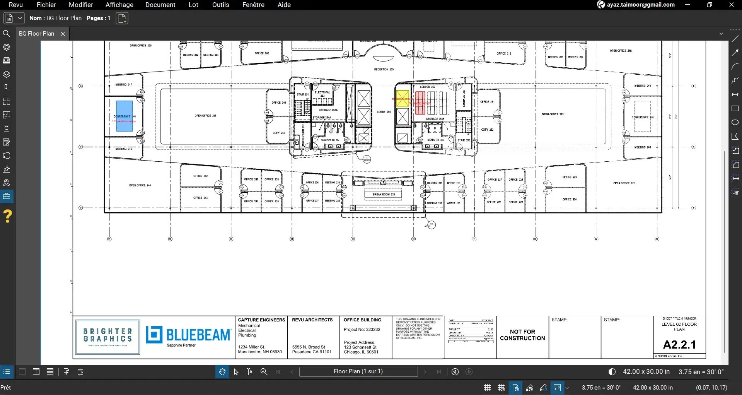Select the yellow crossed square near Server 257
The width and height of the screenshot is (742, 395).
point(403,98)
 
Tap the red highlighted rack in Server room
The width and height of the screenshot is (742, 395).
point(420,103)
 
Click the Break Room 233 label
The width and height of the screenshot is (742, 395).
point(384,194)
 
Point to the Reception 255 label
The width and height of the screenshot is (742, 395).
point(384,70)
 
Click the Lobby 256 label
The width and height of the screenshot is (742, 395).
point(384,112)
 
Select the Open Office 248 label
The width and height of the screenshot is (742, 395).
point(205,116)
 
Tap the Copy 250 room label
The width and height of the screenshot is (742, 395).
point(278,133)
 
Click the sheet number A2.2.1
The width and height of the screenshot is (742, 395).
point(679,344)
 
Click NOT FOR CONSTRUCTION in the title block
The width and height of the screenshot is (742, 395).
point(522,335)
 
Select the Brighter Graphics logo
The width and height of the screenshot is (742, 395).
point(107,337)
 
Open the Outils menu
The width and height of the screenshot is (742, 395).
point(220,5)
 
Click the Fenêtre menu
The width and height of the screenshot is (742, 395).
point(253,5)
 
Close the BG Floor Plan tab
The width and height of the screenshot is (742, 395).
point(63,34)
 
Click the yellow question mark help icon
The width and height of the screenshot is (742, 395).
point(7,216)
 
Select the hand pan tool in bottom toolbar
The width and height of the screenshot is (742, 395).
point(222,372)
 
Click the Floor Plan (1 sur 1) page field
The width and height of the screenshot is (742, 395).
point(358,371)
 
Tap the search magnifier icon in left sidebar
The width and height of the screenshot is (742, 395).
point(7,34)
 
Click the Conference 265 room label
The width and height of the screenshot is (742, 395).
point(642,117)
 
